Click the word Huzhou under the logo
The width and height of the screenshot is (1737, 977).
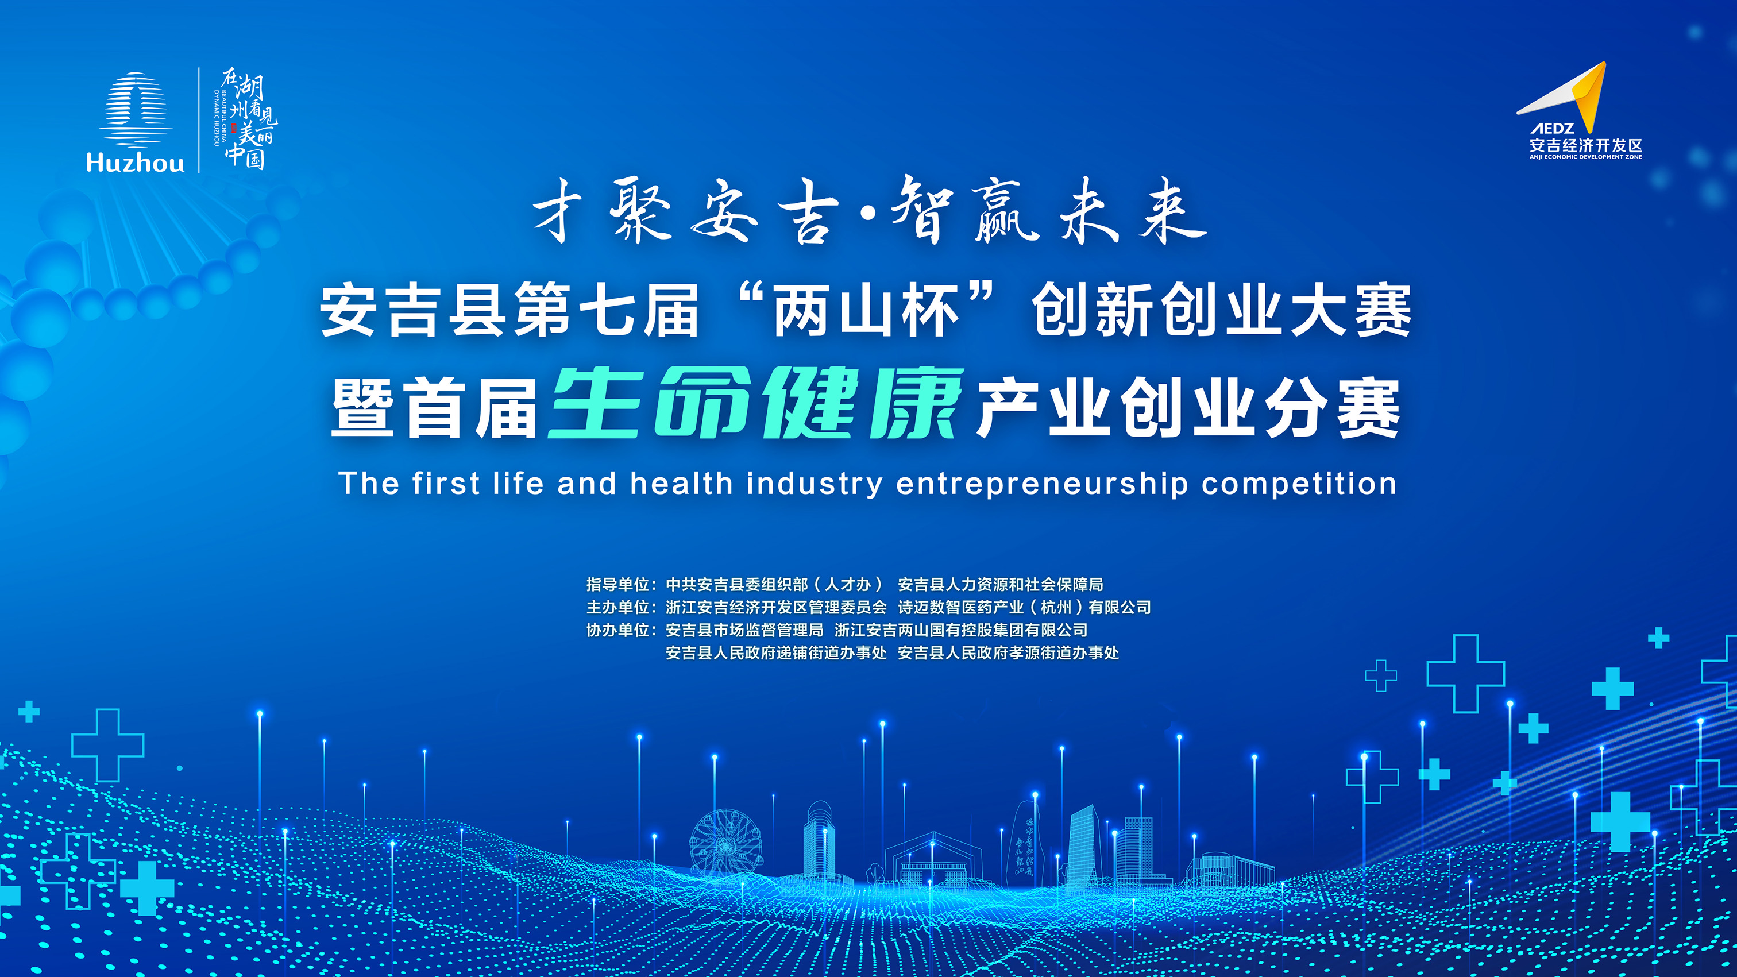pyautogui.click(x=135, y=163)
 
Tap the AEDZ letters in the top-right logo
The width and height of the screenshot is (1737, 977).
pyautogui.click(x=1551, y=128)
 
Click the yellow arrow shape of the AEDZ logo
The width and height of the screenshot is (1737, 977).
pyautogui.click(x=1587, y=98)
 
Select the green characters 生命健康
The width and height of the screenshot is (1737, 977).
pyautogui.click(x=756, y=404)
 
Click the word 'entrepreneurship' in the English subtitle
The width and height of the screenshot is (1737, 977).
pyautogui.click(x=1042, y=484)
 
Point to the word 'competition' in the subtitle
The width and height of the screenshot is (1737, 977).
pyautogui.click(x=1299, y=484)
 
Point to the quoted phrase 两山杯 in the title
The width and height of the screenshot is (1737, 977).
pyautogui.click(x=866, y=310)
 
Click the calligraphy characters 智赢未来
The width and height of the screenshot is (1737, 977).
pyautogui.click(x=1048, y=210)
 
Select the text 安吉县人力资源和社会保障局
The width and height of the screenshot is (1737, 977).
pyautogui.click(x=1001, y=585)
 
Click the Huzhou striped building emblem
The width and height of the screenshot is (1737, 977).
pyautogui.click(x=136, y=110)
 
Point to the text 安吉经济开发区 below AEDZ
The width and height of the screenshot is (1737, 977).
pyautogui.click(x=1585, y=145)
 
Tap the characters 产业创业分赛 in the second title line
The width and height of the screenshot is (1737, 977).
pyautogui.click(x=1188, y=407)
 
